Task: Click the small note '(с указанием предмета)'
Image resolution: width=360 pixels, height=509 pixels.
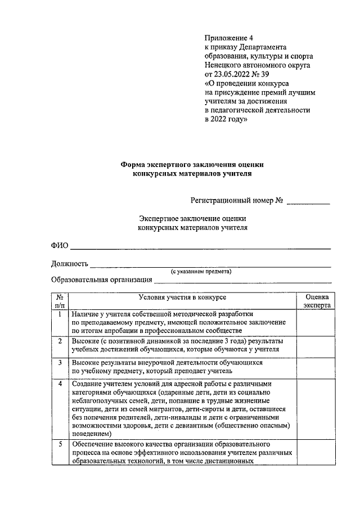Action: tap(201, 271)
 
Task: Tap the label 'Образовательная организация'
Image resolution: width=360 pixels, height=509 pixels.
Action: tap(102, 280)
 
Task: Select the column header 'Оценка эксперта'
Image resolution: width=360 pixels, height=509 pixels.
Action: tap(317, 300)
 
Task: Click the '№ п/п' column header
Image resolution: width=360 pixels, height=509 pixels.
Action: tap(60, 300)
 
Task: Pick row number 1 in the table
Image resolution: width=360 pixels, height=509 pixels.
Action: tap(60, 314)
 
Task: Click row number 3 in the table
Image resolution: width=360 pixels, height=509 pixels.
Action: tap(60, 363)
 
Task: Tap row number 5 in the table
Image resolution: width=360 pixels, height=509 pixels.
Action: tap(60, 445)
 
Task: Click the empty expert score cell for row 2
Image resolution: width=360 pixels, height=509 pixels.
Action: tap(317, 345)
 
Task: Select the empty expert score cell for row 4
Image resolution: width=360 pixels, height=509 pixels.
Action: tap(317, 409)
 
